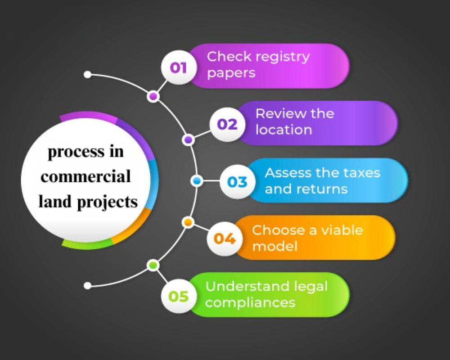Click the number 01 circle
coord(178,67)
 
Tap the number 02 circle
coord(227,124)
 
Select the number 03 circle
coord(237,182)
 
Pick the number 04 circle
coord(224,238)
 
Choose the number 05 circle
coord(178,296)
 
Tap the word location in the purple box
coord(283,130)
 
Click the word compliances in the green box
coord(250,302)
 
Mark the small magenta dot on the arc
coord(153,96)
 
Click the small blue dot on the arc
coord(196,181)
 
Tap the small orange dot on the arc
coord(188,222)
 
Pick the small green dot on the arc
coord(153,265)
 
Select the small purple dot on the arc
coord(188,139)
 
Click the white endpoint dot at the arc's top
coord(88,75)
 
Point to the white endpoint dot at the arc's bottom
coord(88,285)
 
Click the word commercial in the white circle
coord(85,177)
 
